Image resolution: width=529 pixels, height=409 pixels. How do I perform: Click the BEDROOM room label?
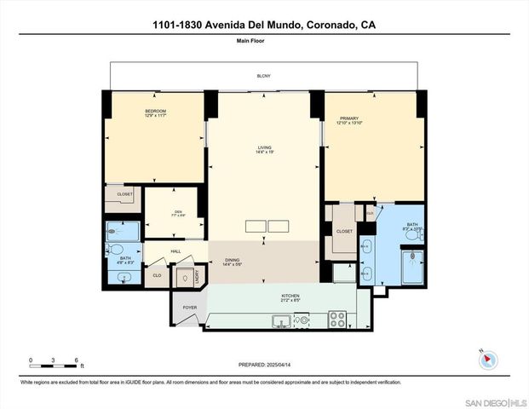click(x=155, y=112)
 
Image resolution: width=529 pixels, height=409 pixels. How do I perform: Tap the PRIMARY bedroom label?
click(x=349, y=118)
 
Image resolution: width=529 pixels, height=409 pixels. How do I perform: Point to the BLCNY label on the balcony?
click(x=264, y=77)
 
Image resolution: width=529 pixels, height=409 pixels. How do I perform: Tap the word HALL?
click(x=175, y=251)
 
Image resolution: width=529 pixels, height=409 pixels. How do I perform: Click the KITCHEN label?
click(x=290, y=297)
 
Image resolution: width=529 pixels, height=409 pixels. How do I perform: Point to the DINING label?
click(x=233, y=261)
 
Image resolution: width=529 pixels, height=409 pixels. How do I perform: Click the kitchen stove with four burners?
click(x=338, y=320)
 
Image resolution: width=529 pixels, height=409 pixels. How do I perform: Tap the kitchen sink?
click(x=280, y=321)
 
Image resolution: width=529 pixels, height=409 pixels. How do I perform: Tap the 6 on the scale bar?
click(x=76, y=360)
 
